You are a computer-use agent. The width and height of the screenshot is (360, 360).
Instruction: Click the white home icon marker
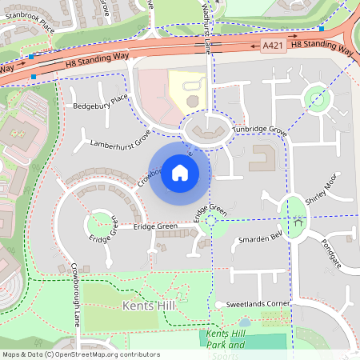(179, 172)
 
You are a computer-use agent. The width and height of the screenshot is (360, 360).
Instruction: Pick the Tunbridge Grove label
(258, 129)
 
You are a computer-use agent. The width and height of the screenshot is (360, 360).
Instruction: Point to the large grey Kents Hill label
(149, 306)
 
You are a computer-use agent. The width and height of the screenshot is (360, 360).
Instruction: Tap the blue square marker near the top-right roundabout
(321, 30)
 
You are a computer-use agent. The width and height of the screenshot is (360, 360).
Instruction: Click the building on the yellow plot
(193, 100)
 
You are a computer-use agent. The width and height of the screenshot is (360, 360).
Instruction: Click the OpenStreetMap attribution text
(80, 354)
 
